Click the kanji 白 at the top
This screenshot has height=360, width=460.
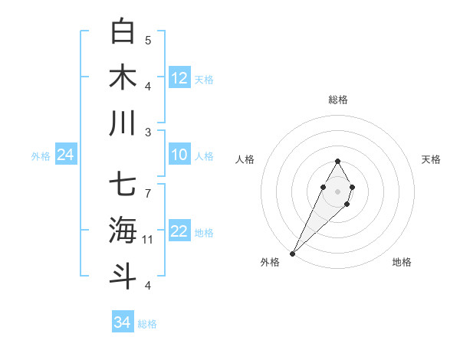pyautogui.click(x=123, y=31)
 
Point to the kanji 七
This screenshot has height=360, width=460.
pyautogui.click(x=123, y=185)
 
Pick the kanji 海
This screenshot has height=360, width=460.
pyautogui.click(x=123, y=230)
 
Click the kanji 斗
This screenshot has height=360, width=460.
pyautogui.click(x=123, y=276)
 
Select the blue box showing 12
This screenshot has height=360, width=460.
pyautogui.click(x=179, y=77)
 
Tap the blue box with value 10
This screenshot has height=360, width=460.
pyautogui.click(x=179, y=155)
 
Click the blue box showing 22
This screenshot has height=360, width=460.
pyautogui.click(x=179, y=232)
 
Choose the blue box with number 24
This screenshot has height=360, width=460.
pyautogui.click(x=65, y=155)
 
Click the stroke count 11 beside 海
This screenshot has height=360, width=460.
pyautogui.click(x=148, y=240)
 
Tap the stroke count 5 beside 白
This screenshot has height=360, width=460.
pyautogui.click(x=148, y=40)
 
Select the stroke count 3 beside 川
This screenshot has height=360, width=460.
pyautogui.click(x=148, y=132)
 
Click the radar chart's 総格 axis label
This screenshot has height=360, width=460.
pyautogui.click(x=337, y=100)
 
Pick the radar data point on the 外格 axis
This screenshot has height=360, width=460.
pyautogui.click(x=292, y=253)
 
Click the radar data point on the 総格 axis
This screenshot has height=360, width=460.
pyautogui.click(x=337, y=161)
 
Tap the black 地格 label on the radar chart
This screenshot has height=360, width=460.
pyautogui.click(x=402, y=262)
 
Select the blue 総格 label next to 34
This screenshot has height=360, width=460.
pyautogui.click(x=147, y=324)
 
